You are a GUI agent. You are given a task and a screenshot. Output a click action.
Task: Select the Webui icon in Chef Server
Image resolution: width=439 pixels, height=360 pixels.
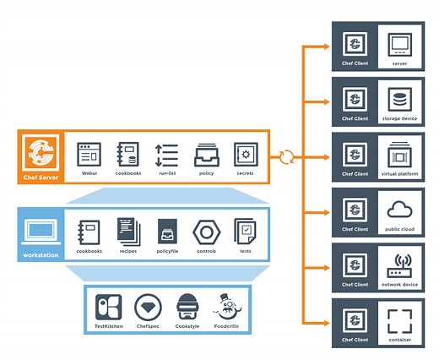[89, 155]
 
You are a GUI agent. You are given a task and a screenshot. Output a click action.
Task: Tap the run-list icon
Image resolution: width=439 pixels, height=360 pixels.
[166, 155]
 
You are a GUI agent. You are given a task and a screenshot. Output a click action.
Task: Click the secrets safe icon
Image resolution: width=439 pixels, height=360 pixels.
[244, 155]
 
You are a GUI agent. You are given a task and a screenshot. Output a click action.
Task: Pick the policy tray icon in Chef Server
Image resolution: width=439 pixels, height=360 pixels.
[205, 155]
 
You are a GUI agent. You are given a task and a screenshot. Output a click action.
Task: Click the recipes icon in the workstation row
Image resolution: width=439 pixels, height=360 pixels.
[128, 231]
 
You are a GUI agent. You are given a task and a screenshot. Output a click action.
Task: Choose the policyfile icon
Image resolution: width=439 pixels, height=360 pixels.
[167, 231]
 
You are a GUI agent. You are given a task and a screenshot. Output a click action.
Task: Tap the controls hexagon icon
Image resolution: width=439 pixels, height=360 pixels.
[205, 232]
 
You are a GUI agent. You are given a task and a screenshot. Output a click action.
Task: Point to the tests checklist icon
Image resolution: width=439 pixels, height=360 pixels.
[244, 231]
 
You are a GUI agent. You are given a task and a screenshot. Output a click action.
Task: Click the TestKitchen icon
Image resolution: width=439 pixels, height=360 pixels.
[108, 306]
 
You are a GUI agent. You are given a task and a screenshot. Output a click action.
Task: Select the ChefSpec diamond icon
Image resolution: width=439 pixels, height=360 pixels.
[149, 306]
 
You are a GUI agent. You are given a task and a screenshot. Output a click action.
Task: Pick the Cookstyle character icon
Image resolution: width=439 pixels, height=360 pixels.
[187, 305]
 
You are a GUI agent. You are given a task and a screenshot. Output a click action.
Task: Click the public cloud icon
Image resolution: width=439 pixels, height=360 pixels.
[399, 209]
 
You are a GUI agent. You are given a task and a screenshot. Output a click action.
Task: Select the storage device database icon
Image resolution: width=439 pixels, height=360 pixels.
[399, 98]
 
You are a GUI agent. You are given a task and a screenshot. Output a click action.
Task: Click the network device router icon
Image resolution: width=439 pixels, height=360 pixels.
[399, 264]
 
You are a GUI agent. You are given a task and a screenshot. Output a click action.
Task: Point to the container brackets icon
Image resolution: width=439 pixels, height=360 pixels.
[399, 319]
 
